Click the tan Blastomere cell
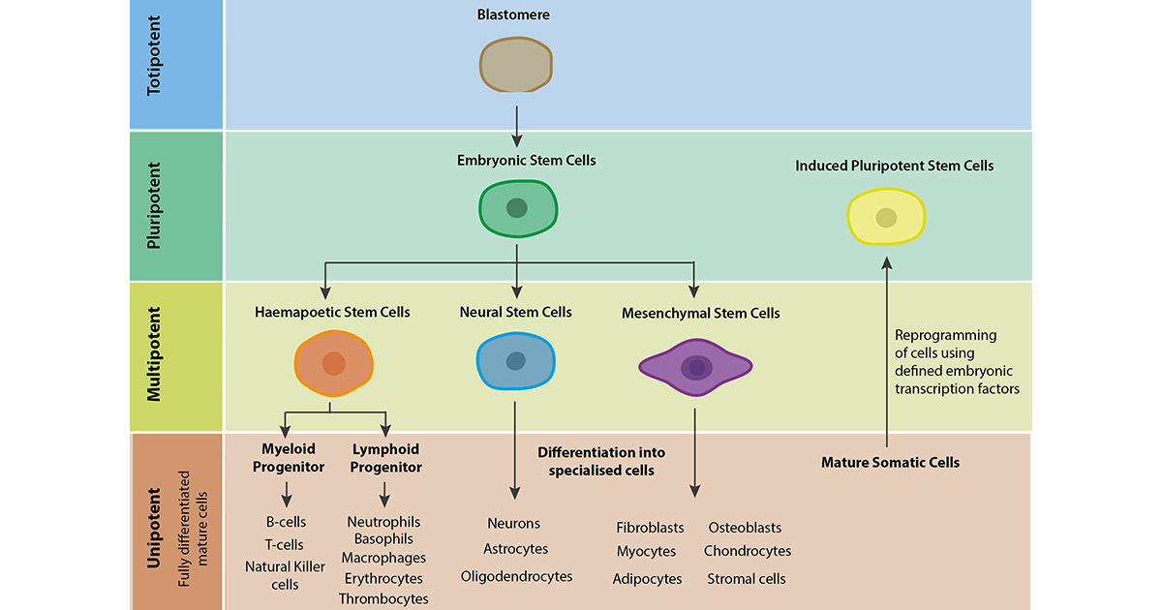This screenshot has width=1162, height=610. pyautogui.click(x=516, y=65)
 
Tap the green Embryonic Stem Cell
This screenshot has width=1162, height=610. pyautogui.click(x=518, y=208)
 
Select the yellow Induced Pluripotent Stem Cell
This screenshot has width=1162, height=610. pyautogui.click(x=886, y=217)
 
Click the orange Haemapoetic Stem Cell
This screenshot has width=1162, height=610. pyautogui.click(x=333, y=363)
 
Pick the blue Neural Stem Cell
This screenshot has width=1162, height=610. pyautogui.click(x=516, y=361)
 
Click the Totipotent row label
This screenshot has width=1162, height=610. pyautogui.click(x=155, y=66)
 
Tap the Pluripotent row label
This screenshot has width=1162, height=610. pyautogui.click(x=155, y=205)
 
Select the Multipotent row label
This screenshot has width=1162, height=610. pyautogui.click(x=155, y=354)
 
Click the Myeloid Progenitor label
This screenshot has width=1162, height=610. pyautogui.click(x=287, y=458)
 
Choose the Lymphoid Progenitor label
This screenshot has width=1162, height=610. pyautogui.click(x=385, y=458)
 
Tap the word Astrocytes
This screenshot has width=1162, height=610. pyautogui.click(x=515, y=549)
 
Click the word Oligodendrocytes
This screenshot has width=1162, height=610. pyautogui.click(x=516, y=576)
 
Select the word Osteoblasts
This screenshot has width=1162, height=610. pyautogui.click(x=745, y=528)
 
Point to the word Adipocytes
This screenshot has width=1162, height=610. pyautogui.click(x=647, y=579)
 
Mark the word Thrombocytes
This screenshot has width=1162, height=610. pyautogui.click(x=383, y=598)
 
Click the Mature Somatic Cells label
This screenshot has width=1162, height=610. pyautogui.click(x=890, y=463)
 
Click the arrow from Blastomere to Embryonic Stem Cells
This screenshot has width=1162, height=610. pyautogui.click(x=516, y=123)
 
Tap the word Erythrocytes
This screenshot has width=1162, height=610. pyautogui.click(x=383, y=578)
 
